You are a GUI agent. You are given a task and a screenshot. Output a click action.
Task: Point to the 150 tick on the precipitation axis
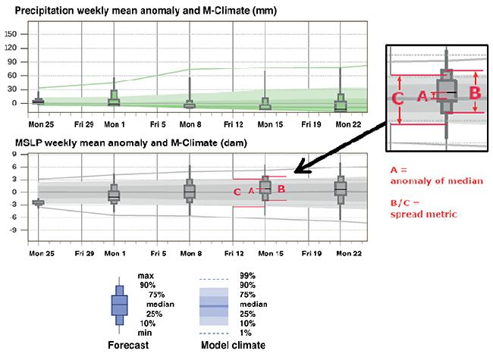(x=11, y=34)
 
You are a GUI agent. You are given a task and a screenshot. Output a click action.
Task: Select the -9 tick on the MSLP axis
(x=13, y=229)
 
